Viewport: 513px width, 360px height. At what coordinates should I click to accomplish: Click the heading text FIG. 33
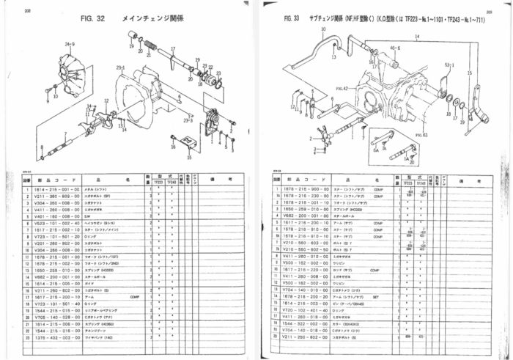point(281,23)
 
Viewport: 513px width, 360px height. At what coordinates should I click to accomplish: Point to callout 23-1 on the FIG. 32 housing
point(120,68)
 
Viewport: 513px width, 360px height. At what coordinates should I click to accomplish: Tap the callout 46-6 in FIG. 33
point(395,48)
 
